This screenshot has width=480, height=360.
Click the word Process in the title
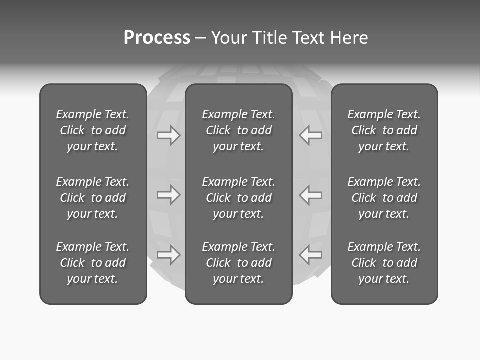[157, 38]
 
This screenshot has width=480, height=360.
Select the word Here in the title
[349, 38]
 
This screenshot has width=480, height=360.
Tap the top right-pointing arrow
[168, 135]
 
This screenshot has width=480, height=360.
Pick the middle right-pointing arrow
[168, 194]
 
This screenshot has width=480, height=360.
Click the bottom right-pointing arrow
[168, 255]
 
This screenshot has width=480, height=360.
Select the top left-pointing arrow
[310, 135]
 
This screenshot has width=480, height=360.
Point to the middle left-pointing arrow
[310, 194]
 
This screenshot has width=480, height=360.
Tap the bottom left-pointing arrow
[310, 255]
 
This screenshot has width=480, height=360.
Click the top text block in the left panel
[93, 130]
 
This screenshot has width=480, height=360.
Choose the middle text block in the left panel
[93, 198]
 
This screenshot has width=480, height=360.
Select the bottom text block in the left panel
[93, 263]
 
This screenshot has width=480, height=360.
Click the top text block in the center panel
[239, 130]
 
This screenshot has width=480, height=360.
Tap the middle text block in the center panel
[239, 198]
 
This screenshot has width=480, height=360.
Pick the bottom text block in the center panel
[239, 263]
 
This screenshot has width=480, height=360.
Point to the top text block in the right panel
[384, 130]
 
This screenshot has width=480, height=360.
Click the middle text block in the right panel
[384, 198]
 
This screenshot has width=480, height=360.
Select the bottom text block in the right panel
[384, 263]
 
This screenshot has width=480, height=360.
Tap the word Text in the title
[310, 38]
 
